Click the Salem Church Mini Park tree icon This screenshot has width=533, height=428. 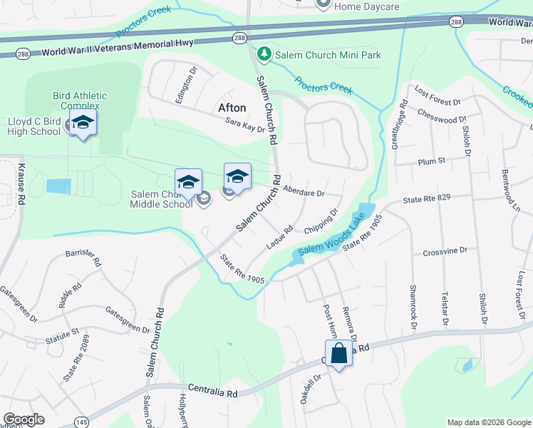tap(264, 54)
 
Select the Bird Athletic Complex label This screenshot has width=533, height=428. tap(80, 101)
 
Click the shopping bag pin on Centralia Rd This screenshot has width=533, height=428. tap(338, 353)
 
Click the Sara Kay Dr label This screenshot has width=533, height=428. tap(244, 125)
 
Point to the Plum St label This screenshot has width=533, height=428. tap(431, 160)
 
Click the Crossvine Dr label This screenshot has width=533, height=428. tap(445, 250)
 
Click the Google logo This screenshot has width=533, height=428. tap(24, 419)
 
